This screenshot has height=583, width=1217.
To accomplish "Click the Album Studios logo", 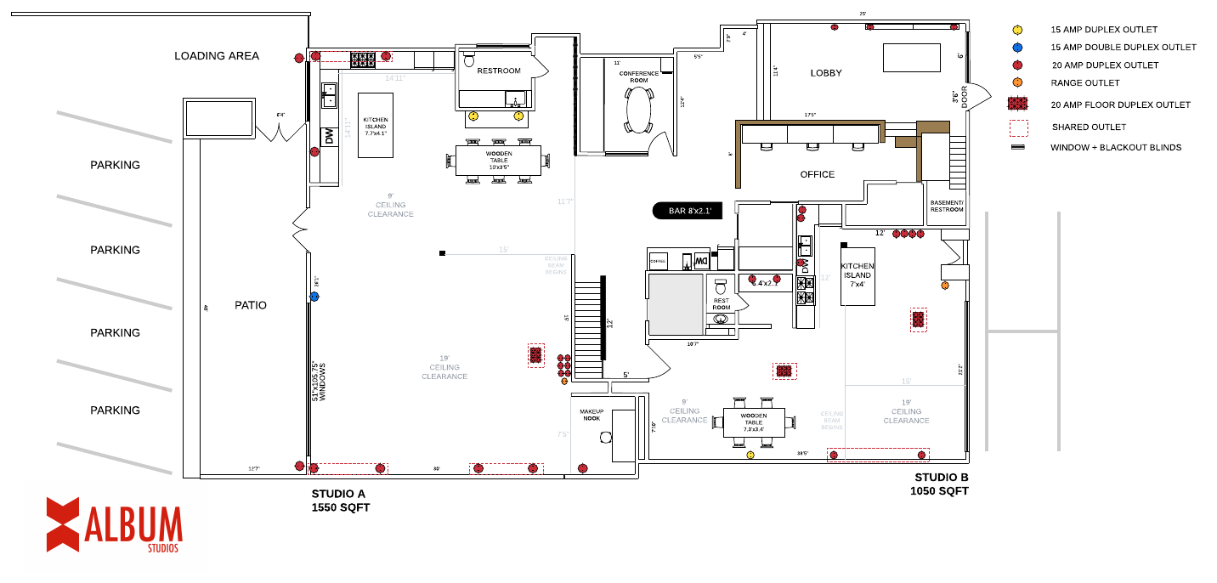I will coord(114,524).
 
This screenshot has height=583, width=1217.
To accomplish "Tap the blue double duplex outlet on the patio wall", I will coord(314,297).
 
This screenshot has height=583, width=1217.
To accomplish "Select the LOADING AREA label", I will coord(217,56).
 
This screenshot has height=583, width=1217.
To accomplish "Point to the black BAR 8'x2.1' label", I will coord(687,211).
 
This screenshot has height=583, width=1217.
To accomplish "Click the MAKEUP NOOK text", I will coord(592,415).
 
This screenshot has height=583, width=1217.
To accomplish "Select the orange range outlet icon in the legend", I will coord(1017,82).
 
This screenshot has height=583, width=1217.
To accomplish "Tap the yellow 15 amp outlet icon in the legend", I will coord(1017,30).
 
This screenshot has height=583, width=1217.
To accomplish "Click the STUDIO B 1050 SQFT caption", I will coord(940,484).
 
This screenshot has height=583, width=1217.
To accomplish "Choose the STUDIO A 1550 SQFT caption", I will coord(341,501).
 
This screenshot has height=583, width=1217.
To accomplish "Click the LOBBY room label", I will coord(826,73).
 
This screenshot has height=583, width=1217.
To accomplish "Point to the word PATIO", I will coord(251,305).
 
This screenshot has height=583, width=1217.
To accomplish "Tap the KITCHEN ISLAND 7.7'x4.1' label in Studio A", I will coord(375,127).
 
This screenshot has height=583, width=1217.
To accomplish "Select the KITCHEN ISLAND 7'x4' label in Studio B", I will coord(857,275).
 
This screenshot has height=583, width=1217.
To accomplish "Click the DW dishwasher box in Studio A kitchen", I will coord(328,136).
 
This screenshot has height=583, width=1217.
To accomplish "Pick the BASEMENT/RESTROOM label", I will coord(947,207).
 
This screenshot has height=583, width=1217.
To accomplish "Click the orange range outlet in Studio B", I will coord(945,286).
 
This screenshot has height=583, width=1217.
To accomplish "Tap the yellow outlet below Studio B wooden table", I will coord(750,456).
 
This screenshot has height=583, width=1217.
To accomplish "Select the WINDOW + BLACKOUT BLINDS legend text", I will coord(1115,147).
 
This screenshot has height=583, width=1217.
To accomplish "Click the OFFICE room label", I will coord(818,174).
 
